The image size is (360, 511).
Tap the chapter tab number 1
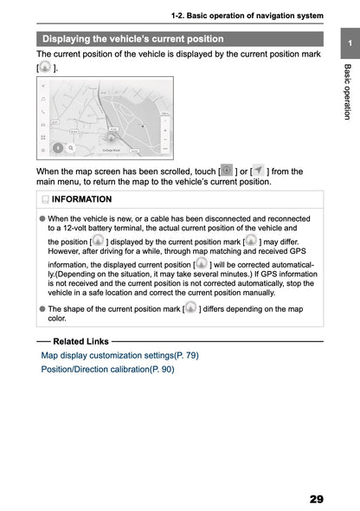point(348,44)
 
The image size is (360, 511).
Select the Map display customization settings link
point(119,355)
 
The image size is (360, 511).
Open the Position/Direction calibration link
point(107,369)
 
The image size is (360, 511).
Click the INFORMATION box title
point(82,200)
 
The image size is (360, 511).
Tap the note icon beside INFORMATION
point(44,200)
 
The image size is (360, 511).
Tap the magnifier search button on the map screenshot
point(70,148)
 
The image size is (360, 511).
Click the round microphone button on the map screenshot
point(56,148)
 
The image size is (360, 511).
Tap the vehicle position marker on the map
point(111,135)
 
